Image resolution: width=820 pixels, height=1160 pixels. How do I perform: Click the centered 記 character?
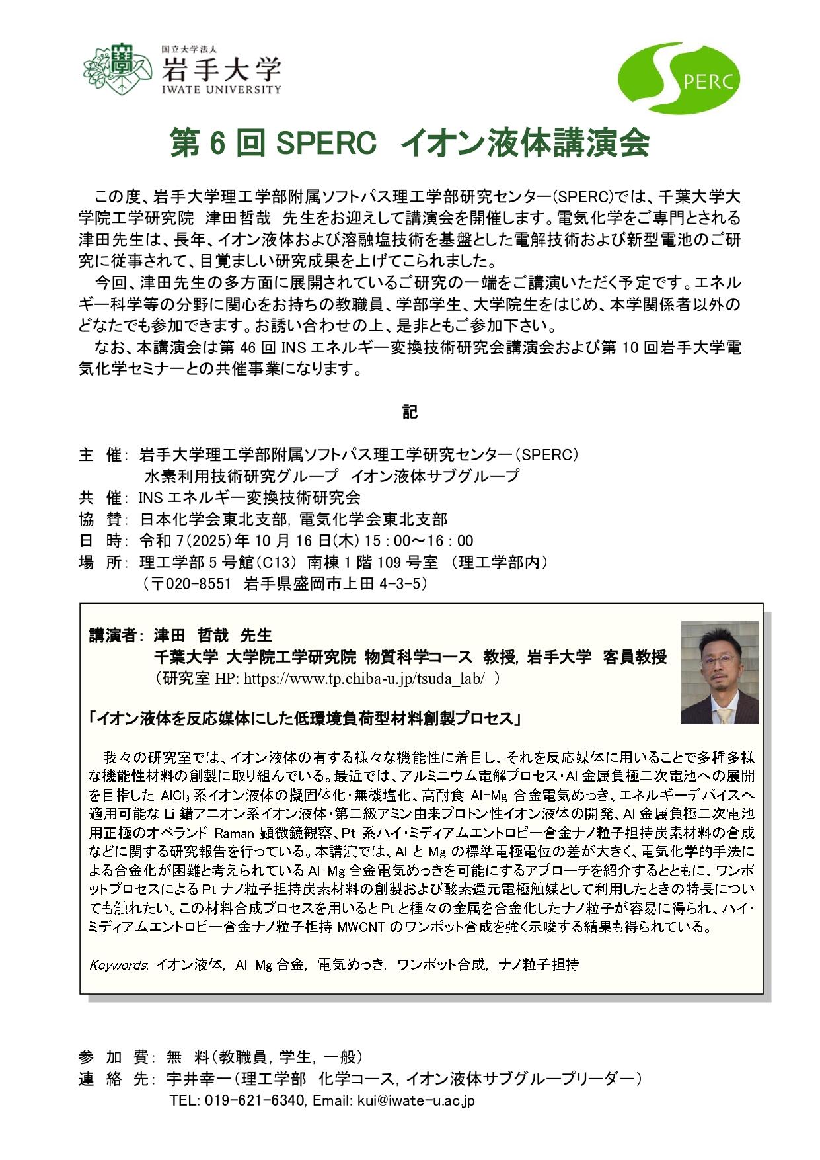(410, 412)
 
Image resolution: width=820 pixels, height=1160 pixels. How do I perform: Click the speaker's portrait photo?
(719, 672)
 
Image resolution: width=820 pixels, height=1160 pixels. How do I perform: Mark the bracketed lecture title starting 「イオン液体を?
(305, 718)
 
